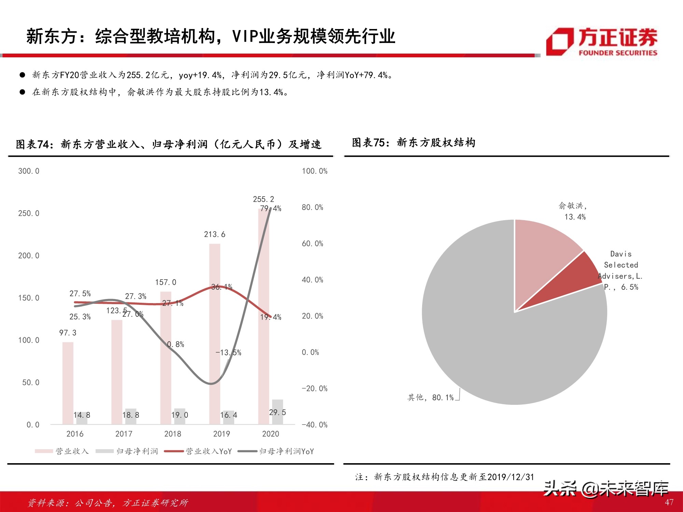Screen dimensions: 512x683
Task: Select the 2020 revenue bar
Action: point(263,307)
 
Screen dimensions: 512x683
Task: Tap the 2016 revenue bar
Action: point(68,382)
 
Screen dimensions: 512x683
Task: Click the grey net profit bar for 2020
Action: point(278,412)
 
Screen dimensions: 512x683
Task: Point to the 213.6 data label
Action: point(214,234)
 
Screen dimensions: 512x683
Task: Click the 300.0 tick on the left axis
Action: point(29,171)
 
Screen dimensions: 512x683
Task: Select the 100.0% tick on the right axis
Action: point(314,171)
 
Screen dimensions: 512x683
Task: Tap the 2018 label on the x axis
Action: point(172,434)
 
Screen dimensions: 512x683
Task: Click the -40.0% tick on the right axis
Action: point(314,425)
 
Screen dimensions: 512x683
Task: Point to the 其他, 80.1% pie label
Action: point(430,398)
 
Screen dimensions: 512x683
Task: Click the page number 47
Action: point(669,502)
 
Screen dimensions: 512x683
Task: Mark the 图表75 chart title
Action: point(414,143)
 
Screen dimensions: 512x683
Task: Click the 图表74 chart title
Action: point(168,144)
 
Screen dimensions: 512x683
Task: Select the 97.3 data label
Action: point(68,333)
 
